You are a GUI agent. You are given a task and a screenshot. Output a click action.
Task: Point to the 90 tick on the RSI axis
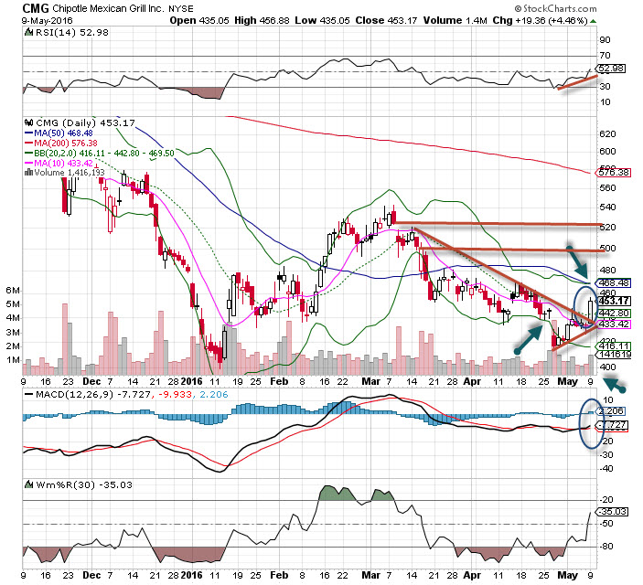(x=605, y=40)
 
